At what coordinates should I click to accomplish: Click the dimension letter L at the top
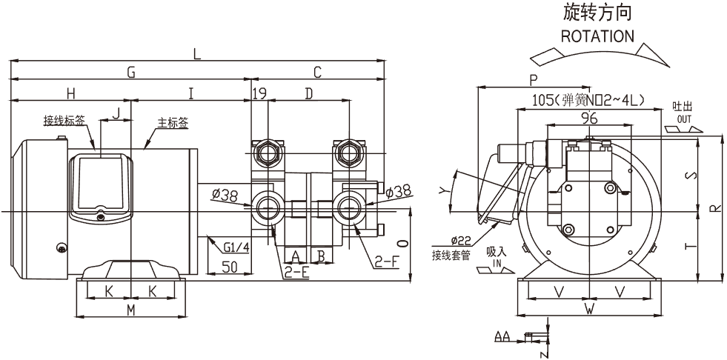[x=196, y=53]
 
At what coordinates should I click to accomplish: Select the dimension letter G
[x=131, y=73]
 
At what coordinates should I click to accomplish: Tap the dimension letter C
[x=317, y=73]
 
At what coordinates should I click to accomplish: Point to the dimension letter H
[x=70, y=93]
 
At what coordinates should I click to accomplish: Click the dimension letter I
[x=190, y=93]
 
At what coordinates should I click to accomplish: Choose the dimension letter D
[x=309, y=93]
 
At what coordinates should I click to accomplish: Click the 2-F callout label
[x=386, y=261]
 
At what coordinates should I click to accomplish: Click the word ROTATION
[x=597, y=36]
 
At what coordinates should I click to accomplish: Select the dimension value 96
[x=589, y=119]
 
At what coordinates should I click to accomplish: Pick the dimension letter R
[x=713, y=208]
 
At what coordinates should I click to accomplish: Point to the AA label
[x=502, y=337]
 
